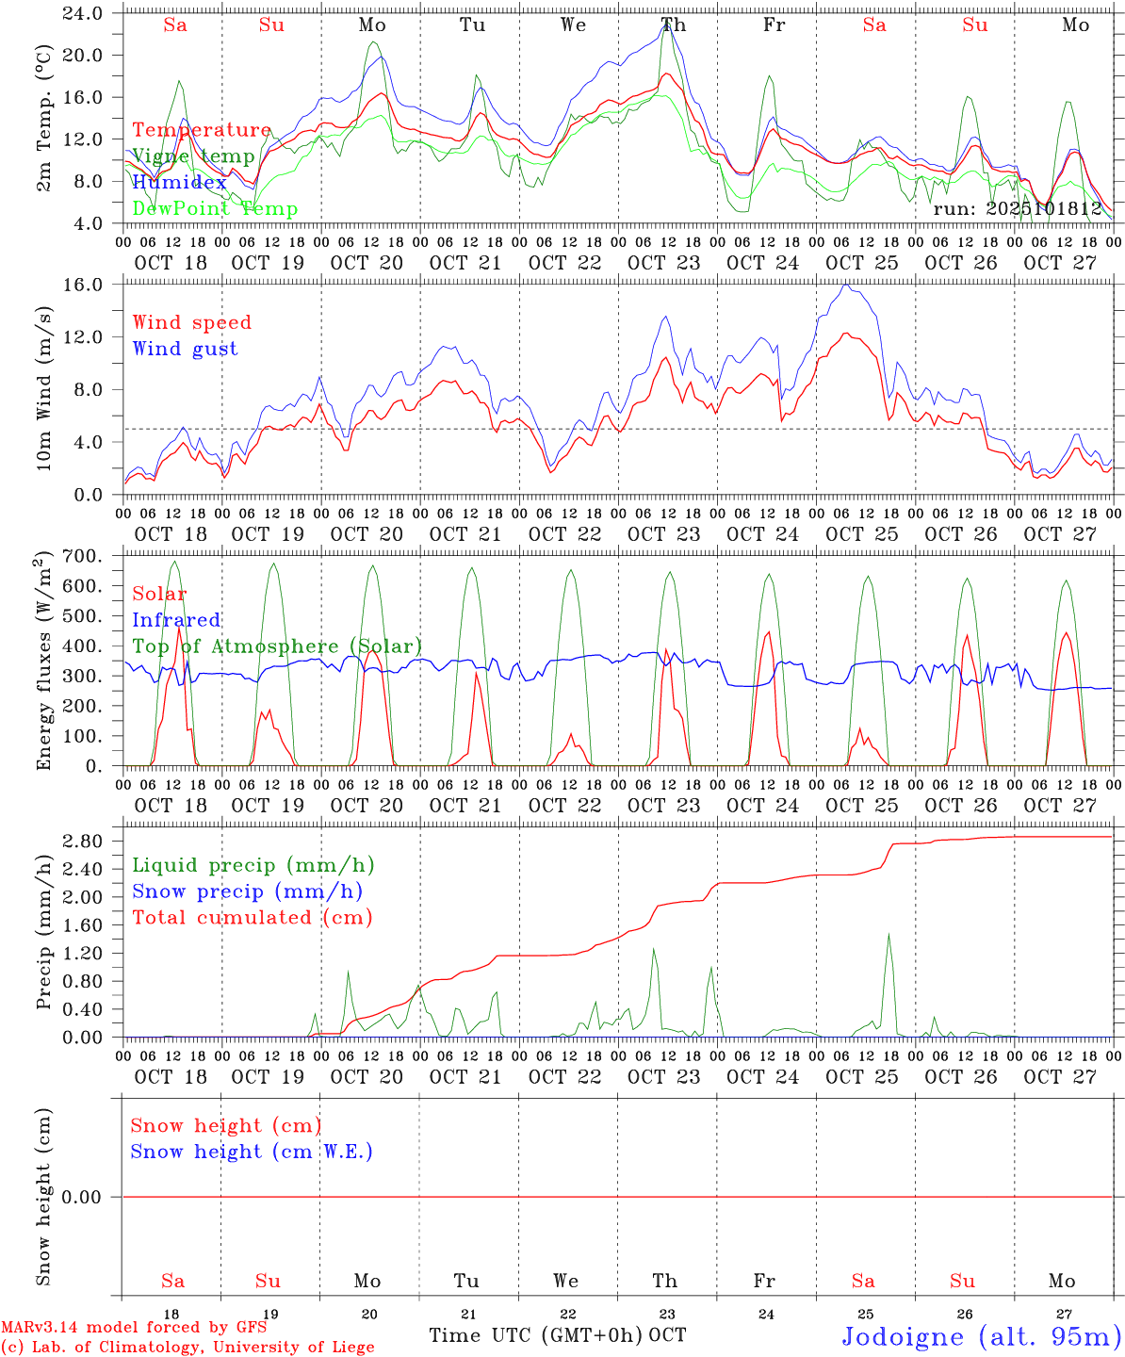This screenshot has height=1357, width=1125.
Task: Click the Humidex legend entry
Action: [x=179, y=183]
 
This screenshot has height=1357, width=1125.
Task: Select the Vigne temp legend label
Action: [x=193, y=156]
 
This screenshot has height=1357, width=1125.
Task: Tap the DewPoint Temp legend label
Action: [x=215, y=209]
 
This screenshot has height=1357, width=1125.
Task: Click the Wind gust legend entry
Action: [x=185, y=349]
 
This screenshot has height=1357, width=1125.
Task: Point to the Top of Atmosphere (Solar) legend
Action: [x=277, y=646]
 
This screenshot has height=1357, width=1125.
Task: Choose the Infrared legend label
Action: [x=176, y=620]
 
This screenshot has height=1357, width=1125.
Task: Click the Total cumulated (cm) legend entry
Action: [x=252, y=917]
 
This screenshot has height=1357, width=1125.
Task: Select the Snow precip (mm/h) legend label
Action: [x=247, y=891]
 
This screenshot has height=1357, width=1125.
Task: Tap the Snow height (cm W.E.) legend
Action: [x=252, y=1152]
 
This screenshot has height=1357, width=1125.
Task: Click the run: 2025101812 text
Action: [x=1017, y=208]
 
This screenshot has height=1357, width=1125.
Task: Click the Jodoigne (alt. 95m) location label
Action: [x=981, y=1336]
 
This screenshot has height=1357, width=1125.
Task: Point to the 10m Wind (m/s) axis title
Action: [x=44, y=388]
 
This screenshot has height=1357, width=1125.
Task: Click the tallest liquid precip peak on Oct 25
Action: [x=888, y=935]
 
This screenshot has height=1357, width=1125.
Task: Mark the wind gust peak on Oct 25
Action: [x=846, y=285]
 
